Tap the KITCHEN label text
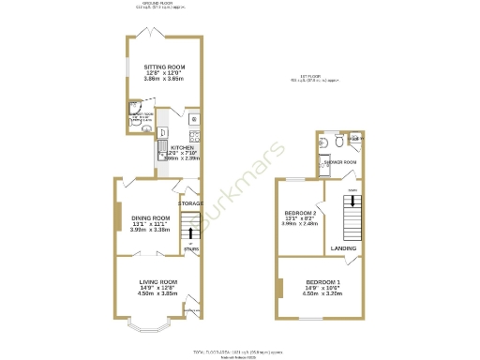(x=182, y=147)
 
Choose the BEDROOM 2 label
(x=300, y=214)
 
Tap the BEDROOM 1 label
(x=323, y=281)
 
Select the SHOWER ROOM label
(x=339, y=162)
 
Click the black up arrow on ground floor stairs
(x=191, y=232)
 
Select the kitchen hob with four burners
(x=193, y=134)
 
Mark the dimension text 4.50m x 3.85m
(x=158, y=293)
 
